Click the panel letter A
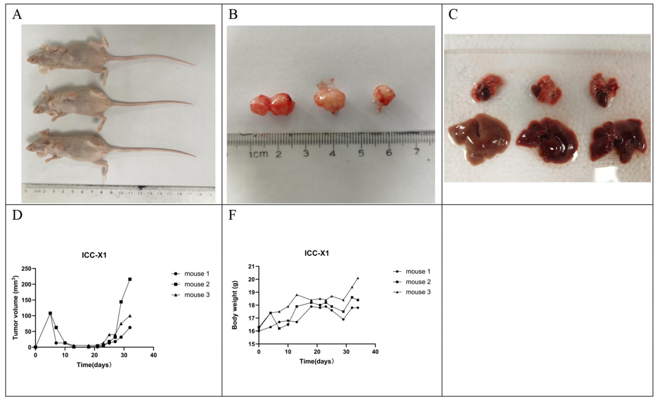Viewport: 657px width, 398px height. pyautogui.click(x=17, y=15)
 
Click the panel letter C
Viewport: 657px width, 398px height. pyautogui.click(x=453, y=15)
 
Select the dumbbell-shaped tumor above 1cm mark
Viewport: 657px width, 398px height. pyautogui.click(x=271, y=105)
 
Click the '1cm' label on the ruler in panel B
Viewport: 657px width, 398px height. pyautogui.click(x=258, y=155)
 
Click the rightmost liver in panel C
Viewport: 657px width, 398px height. pyautogui.click(x=613, y=140)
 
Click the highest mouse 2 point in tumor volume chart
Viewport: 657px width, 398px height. pyautogui.click(x=130, y=280)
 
